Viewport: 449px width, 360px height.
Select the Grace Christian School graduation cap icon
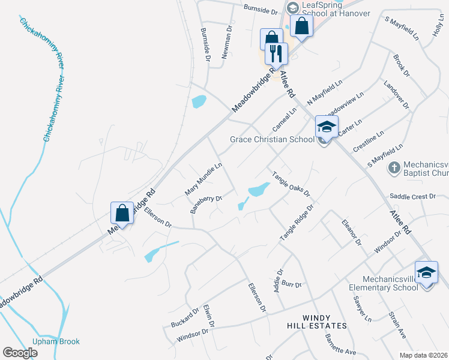[x=327, y=127]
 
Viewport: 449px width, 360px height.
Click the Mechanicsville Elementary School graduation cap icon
[x=426, y=273]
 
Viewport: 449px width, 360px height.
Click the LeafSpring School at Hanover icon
[x=292, y=8]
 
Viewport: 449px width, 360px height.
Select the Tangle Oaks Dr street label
[x=291, y=184]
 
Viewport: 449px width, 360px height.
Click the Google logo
[x=20, y=353]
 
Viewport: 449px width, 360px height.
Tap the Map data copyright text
[x=423, y=355]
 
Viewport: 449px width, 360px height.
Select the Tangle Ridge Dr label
[x=297, y=223]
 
